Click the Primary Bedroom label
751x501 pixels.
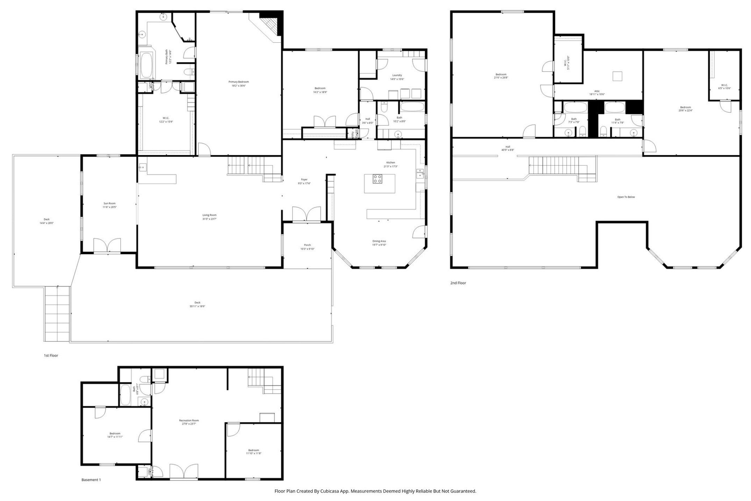[238, 82]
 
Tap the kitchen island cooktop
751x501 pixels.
[377, 179]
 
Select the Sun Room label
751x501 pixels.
[109, 203]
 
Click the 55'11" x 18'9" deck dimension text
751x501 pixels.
[197, 306]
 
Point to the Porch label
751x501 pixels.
[307, 245]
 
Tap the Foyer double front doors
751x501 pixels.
[306, 214]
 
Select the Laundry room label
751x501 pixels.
[397, 75]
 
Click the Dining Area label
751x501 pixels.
[379, 241]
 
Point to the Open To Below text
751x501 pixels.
[626, 197]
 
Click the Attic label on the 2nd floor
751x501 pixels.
[597, 91]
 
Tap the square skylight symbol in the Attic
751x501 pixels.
[617, 76]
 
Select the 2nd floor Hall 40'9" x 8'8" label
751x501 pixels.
[508, 147]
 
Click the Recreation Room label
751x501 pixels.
[189, 421]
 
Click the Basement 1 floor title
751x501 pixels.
[91, 480]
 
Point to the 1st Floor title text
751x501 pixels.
[51, 355]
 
